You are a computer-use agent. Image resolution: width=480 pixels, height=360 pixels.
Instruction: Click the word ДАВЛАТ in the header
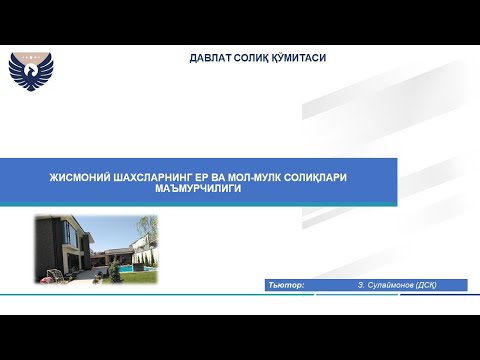(209, 58)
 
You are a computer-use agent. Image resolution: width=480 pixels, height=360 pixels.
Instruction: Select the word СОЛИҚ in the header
(251, 58)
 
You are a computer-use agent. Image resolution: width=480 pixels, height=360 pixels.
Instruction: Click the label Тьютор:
(287, 285)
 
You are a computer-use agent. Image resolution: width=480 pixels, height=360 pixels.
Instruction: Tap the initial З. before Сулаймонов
(360, 285)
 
